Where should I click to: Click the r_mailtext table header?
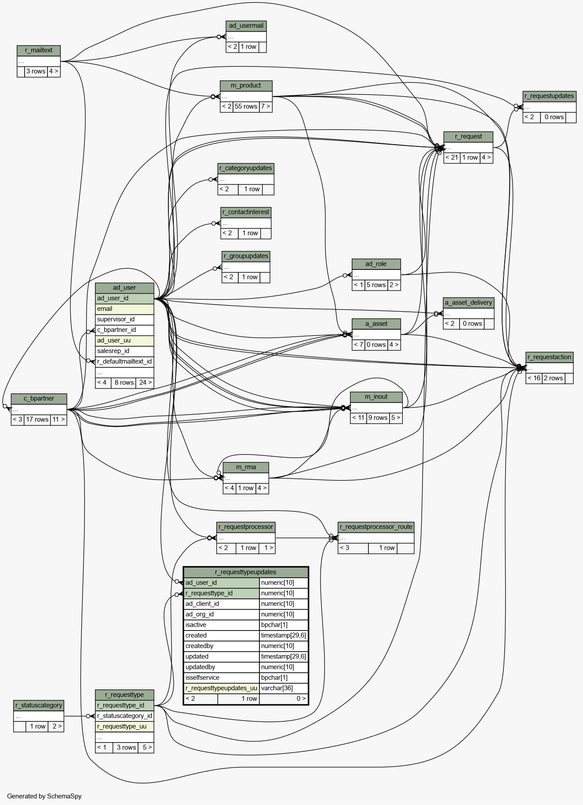[x=39, y=51]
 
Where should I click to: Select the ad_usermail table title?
[x=246, y=26]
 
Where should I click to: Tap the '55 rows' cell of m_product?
[x=246, y=107]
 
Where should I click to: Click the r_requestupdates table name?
[x=549, y=96]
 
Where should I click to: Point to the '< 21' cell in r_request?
[x=452, y=158]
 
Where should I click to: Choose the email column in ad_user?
[x=124, y=309]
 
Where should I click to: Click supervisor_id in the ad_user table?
[x=124, y=320]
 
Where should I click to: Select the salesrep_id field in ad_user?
[x=124, y=351]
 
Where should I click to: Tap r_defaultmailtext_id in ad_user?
[x=124, y=362]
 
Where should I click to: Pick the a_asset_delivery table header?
[x=469, y=303]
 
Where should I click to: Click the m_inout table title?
[x=376, y=397]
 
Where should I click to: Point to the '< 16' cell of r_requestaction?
[x=534, y=379]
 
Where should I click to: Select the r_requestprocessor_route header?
[x=376, y=527]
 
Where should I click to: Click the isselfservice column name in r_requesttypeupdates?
[x=221, y=678]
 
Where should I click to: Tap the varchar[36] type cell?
[x=284, y=688]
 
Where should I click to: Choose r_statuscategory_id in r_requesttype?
[x=124, y=716]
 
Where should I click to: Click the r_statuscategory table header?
[x=39, y=706]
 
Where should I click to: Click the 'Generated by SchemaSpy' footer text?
[x=44, y=796]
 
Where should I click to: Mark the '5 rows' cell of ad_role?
[x=376, y=285]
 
